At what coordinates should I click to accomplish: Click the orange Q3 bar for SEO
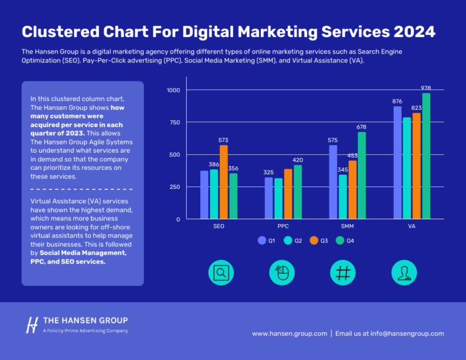[224, 182]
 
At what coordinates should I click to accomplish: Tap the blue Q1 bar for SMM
[333, 182]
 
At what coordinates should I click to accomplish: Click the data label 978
[427, 88]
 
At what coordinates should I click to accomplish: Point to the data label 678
[362, 127]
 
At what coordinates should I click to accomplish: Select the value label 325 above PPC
[269, 172]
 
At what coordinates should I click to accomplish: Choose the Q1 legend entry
[267, 240]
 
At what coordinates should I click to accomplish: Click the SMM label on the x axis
[348, 226]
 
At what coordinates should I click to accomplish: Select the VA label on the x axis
[412, 226]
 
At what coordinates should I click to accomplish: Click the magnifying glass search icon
[221, 273]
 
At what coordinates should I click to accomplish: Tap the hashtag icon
[343, 273]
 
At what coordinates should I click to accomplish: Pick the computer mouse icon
[282, 273]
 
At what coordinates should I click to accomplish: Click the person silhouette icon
[404, 273]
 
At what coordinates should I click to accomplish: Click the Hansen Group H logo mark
[32, 325]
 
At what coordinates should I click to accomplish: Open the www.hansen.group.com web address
[289, 333]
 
